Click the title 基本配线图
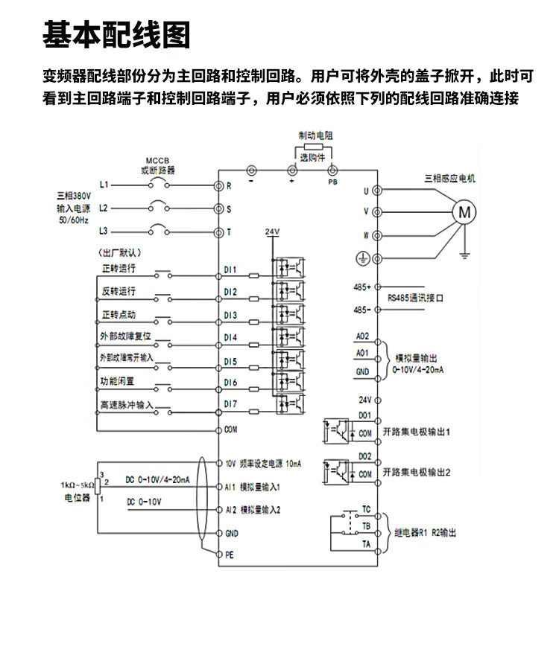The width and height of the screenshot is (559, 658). click(x=116, y=34)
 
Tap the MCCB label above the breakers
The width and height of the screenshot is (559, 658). click(x=158, y=161)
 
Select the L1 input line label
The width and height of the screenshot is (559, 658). click(x=104, y=184)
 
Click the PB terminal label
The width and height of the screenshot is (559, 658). click(x=332, y=182)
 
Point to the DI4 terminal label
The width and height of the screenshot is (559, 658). click(x=230, y=337)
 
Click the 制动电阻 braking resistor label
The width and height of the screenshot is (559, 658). click(x=316, y=136)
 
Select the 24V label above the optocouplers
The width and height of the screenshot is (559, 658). click(x=272, y=232)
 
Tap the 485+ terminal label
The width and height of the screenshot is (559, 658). click(x=362, y=286)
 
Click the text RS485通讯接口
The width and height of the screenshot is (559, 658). click(x=415, y=298)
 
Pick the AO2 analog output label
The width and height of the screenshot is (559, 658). click(x=363, y=336)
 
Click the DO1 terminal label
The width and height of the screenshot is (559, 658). click(x=364, y=415)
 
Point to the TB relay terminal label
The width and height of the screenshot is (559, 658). click(x=366, y=526)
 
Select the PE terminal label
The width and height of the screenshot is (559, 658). click(x=230, y=555)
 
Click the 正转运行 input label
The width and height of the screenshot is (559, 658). click(x=118, y=268)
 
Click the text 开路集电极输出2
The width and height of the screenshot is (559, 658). click(x=417, y=472)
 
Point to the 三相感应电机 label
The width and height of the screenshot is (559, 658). click(x=449, y=179)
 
